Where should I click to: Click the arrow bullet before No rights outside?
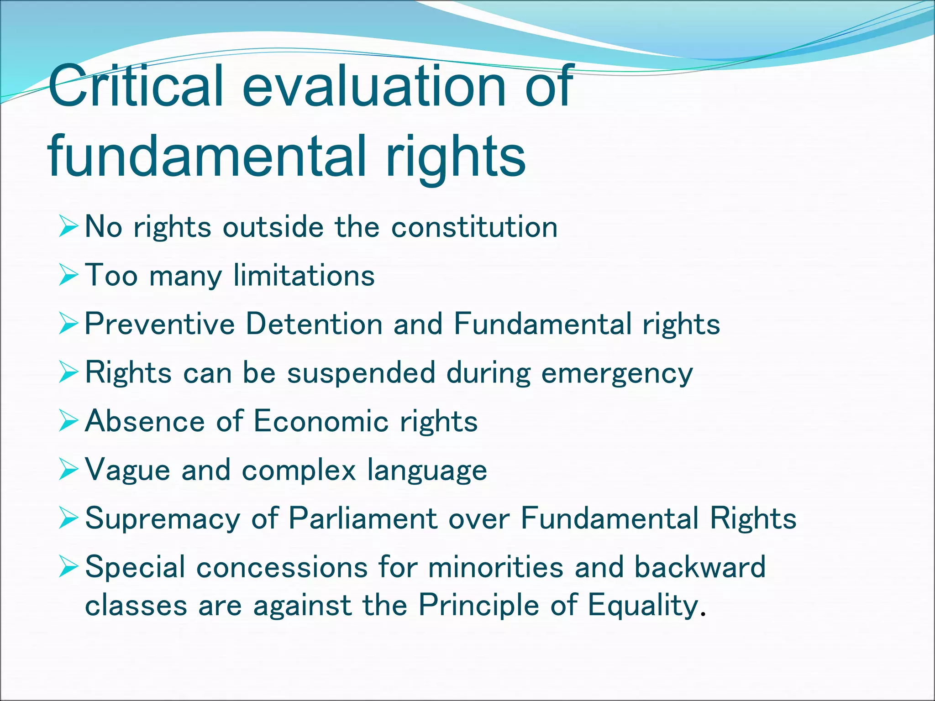tap(68, 227)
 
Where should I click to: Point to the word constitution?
tap(474, 227)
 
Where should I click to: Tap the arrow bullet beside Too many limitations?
tap(68, 276)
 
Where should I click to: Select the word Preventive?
tap(160, 324)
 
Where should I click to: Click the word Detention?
tap(314, 324)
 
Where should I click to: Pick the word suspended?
tap(361, 372)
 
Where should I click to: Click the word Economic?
tap(320, 421)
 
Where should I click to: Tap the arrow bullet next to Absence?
tap(68, 421)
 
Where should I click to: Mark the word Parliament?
tap(363, 518)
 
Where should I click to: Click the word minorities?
tap(496, 567)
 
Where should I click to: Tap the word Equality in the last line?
tap(643, 606)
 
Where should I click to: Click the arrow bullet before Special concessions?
tap(68, 567)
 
